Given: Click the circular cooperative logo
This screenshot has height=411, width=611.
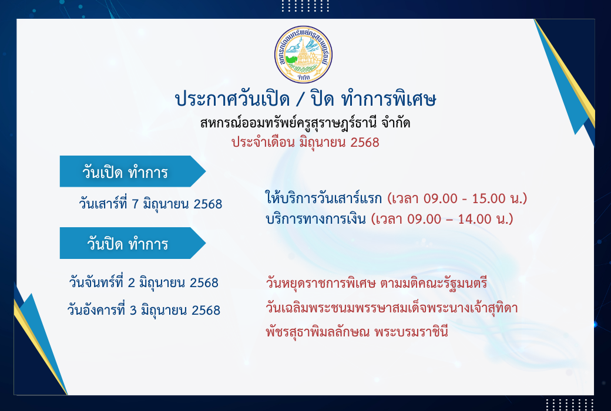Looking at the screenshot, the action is tap(303, 55).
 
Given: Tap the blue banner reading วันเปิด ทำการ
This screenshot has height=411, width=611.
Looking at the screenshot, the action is tap(133, 171).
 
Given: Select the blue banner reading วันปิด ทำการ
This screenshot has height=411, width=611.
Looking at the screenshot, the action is tap(133, 243).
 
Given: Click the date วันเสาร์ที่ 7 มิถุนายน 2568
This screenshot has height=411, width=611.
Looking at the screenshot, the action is tap(150, 203).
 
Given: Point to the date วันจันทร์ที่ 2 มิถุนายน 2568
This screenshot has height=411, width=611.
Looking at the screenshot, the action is tap(144, 282).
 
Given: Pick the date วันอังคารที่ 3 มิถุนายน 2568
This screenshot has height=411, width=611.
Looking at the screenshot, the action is tap(144, 309).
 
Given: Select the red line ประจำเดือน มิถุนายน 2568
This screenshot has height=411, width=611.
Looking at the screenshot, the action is tap(305, 142).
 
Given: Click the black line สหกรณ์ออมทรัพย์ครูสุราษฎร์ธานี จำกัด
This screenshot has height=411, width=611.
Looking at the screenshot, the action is tap(305, 123).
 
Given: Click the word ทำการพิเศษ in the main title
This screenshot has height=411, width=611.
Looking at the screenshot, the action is tap(388, 99).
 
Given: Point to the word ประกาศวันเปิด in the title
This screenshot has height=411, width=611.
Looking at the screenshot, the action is tap(232, 99).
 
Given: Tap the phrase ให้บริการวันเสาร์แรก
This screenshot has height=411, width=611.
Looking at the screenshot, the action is tap(324, 198).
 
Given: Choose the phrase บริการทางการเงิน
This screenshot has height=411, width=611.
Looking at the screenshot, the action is tap(315, 218).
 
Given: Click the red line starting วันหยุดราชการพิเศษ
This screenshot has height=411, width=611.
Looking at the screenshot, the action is tap(377, 282).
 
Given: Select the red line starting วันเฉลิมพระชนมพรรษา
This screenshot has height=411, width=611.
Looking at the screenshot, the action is tap(392, 308).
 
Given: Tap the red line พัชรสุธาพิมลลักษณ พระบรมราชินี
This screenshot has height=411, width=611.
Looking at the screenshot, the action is tap(357, 332).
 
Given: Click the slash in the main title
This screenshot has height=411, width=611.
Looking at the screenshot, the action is tap(300, 100).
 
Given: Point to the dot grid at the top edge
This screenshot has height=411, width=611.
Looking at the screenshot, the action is tap(305, 6).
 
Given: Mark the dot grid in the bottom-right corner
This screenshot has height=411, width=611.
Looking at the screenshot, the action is tap(569, 405).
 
